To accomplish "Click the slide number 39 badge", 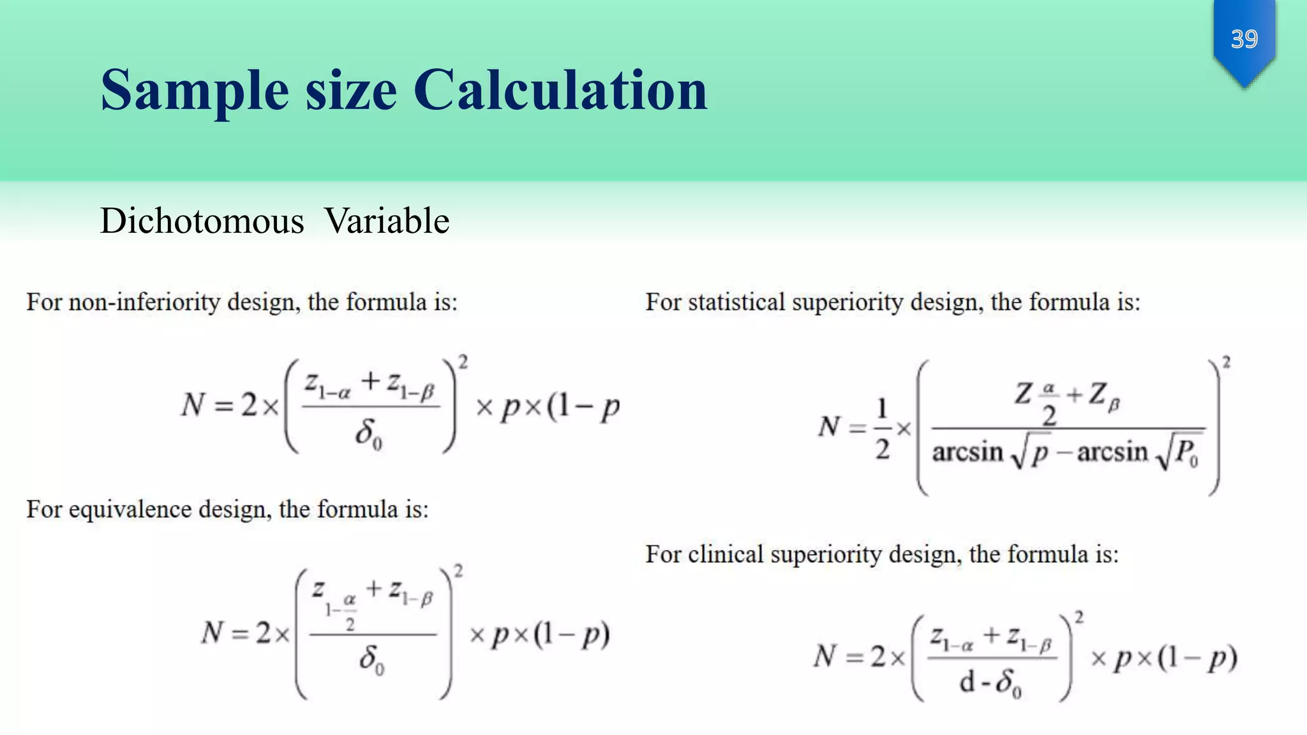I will point(1244,40).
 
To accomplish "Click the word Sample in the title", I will point(195,90).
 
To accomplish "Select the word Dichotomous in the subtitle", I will point(202,221).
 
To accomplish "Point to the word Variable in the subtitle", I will point(387,221).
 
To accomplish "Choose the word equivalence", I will point(131,509).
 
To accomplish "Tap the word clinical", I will point(726,554).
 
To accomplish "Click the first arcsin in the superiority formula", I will point(967,452).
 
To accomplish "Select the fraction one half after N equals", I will point(882,429).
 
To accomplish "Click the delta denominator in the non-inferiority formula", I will point(368,434).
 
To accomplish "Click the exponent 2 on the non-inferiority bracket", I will point(463,362).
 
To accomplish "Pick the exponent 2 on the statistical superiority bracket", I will point(1226,362).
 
